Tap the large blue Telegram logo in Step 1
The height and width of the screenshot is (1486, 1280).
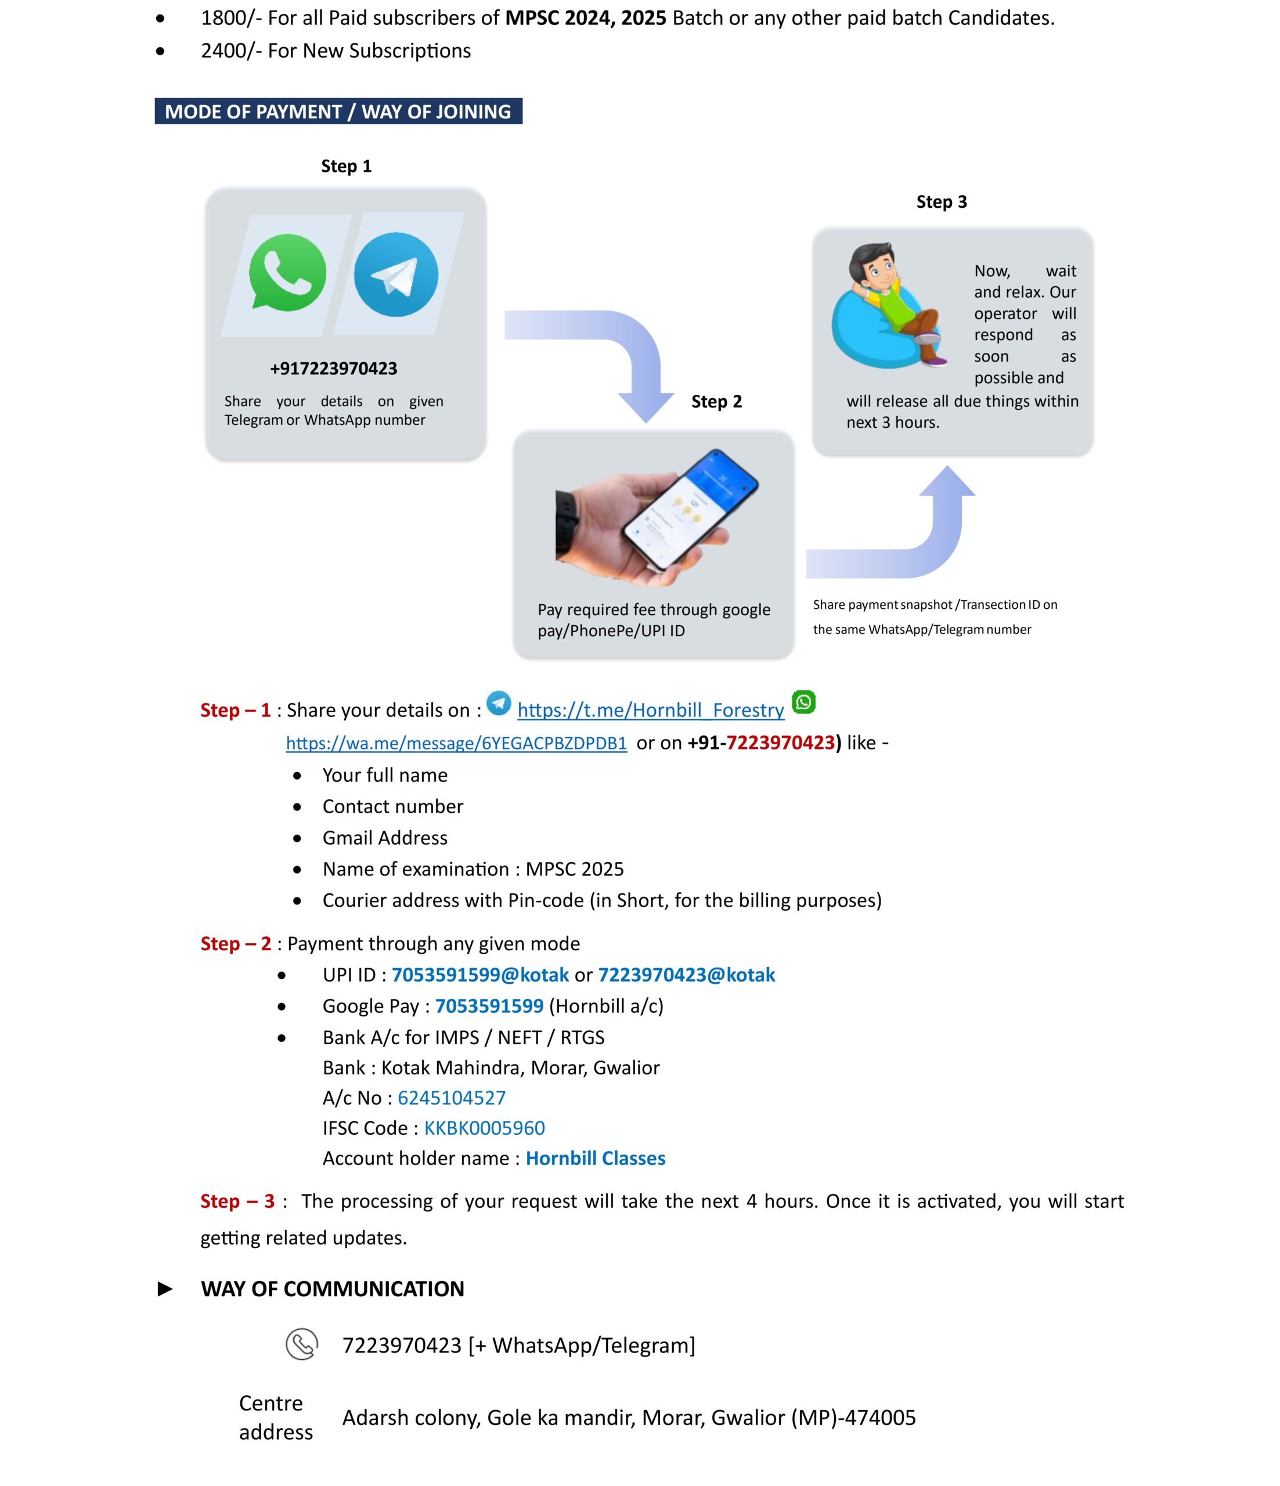396,274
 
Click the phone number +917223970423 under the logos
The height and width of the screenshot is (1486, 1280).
333,369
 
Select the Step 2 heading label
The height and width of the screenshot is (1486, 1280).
716,402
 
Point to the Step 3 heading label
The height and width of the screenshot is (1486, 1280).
942,202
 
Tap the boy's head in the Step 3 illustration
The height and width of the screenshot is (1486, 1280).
875,265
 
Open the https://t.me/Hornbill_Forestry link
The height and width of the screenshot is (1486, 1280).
650,710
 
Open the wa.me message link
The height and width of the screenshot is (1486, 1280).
456,743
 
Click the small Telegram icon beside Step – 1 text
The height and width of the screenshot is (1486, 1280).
499,703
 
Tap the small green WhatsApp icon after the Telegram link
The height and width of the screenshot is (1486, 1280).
804,702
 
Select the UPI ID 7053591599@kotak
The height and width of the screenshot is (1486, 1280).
479,975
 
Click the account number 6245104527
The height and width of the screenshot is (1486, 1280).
452,1098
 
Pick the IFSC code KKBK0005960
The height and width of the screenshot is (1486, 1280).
485,1128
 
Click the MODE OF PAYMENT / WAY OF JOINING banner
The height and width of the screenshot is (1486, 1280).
338,112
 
